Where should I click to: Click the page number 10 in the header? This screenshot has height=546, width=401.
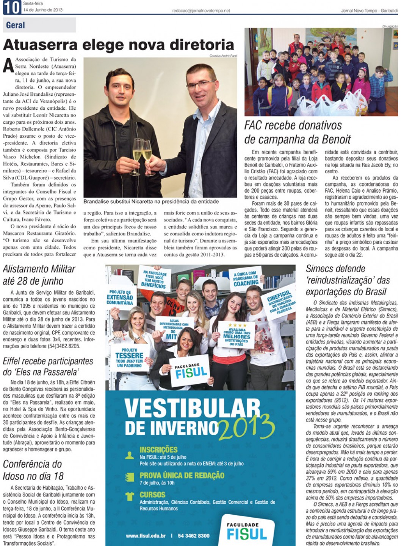click(12, 8)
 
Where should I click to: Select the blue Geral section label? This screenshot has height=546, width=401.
click(16, 25)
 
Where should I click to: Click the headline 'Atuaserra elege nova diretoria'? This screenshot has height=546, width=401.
click(118, 45)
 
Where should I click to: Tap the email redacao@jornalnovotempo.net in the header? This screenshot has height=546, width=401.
click(201, 11)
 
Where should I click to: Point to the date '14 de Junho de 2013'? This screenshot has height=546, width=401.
click(43, 10)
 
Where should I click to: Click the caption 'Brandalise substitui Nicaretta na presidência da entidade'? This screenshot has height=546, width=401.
click(151, 202)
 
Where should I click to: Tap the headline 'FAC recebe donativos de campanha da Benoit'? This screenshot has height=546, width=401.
click(298, 132)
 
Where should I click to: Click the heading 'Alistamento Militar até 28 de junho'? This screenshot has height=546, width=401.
click(39, 275)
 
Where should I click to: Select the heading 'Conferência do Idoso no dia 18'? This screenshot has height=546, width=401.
click(33, 470)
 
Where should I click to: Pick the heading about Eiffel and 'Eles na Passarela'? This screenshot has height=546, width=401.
click(48, 366)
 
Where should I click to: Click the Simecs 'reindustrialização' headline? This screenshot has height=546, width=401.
click(348, 280)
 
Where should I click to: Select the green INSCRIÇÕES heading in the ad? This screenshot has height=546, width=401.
click(158, 450)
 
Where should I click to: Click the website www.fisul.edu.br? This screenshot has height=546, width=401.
click(146, 535)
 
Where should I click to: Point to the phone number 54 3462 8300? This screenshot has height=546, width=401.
click(194, 535)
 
